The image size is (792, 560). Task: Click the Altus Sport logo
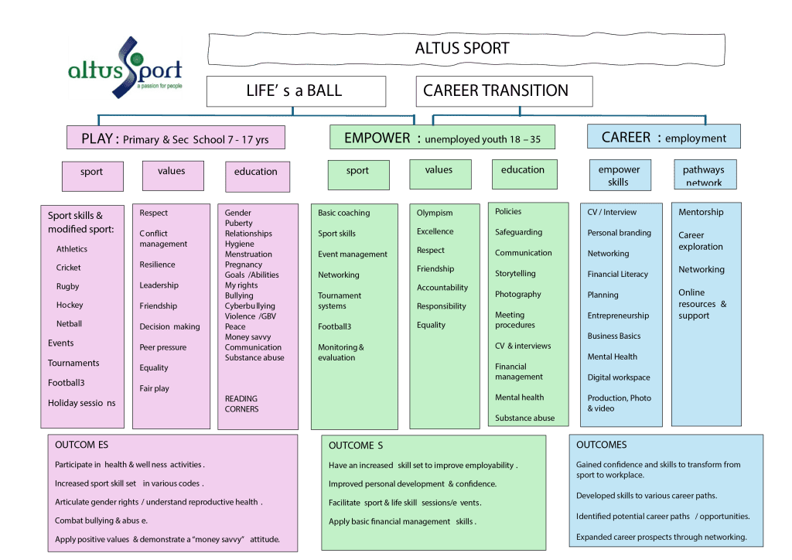click(125, 68)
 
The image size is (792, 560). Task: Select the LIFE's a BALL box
click(295, 90)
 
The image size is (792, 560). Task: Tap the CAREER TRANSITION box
click(504, 90)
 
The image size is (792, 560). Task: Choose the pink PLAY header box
click(176, 139)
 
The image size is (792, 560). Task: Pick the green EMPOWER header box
click(442, 138)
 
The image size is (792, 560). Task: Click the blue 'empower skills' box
click(619, 175)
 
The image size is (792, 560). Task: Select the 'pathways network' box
click(703, 175)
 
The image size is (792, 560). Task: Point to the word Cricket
click(68, 268)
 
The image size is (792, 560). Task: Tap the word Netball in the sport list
click(69, 324)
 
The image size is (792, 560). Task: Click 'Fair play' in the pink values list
click(154, 388)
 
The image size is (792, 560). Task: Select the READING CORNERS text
click(242, 404)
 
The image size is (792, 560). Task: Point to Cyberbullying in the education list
click(250, 306)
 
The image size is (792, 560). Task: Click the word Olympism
click(435, 213)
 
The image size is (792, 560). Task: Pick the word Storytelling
click(515, 274)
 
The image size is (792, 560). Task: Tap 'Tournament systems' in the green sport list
click(340, 301)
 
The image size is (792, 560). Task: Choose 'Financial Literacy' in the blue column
click(617, 274)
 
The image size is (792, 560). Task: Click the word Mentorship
click(701, 212)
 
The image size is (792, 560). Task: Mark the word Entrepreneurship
click(618, 316)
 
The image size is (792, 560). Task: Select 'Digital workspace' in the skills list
click(618, 377)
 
